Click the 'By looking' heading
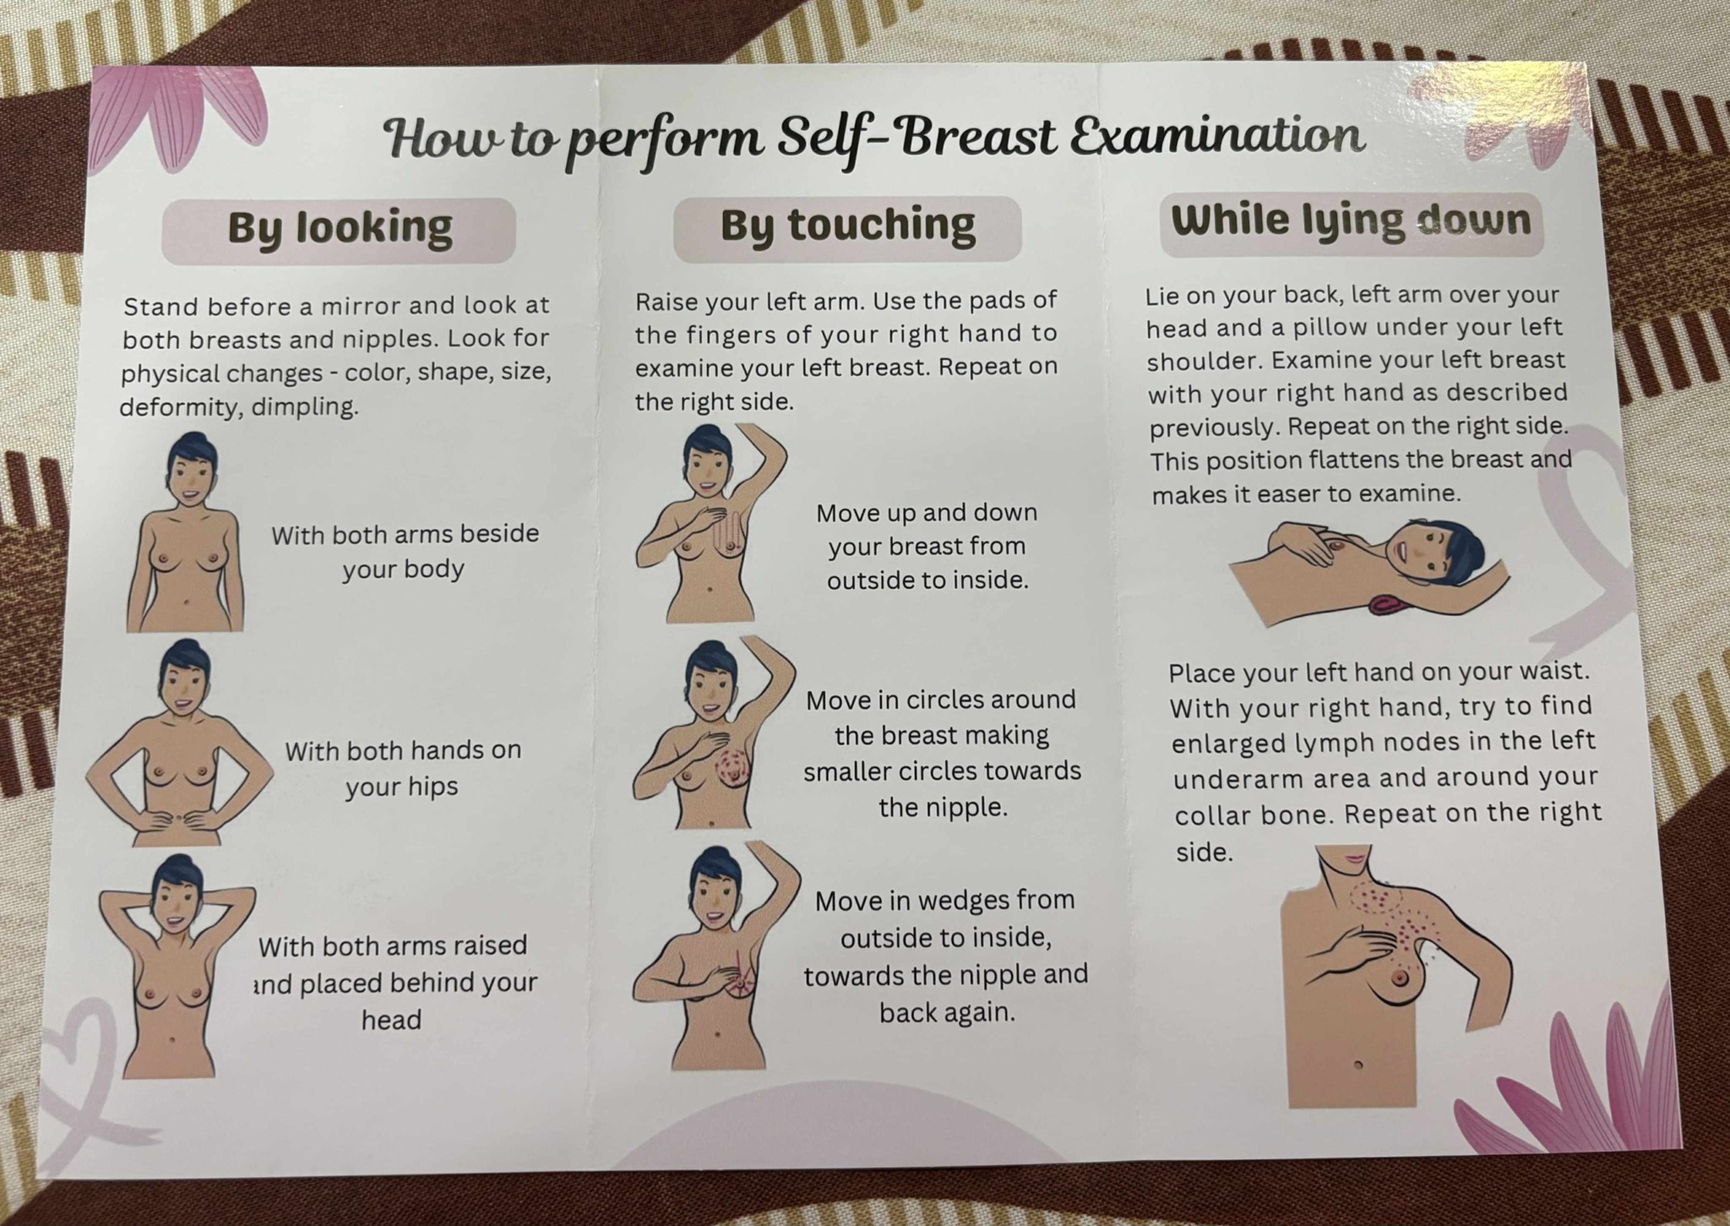click(340, 228)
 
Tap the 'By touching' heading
click(847, 226)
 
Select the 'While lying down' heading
click(1351, 221)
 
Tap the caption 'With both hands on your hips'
click(403, 768)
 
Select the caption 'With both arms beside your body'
click(405, 551)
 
